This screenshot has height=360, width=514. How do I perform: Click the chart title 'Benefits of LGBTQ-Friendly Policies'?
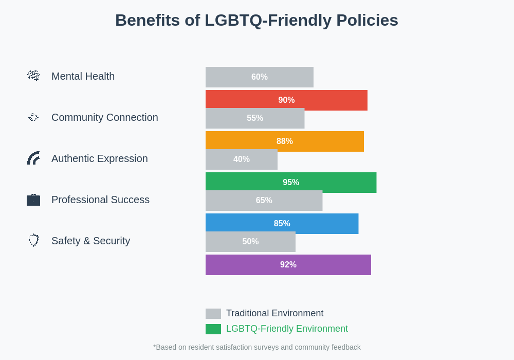point(256,21)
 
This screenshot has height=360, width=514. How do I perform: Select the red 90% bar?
point(286,100)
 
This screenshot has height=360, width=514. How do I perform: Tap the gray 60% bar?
point(259,77)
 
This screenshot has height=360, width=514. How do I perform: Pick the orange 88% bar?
point(284,141)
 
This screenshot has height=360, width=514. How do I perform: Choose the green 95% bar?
point(291,182)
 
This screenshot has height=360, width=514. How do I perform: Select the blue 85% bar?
point(282,223)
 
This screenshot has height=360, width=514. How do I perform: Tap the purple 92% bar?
point(288,265)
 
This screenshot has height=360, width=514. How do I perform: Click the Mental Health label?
point(83,76)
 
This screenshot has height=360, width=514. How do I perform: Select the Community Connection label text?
point(104,117)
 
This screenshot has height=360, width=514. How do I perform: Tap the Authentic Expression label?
point(99,158)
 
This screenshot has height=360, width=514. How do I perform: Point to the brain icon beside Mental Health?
point(33,76)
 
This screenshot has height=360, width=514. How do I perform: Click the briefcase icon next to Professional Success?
point(33,200)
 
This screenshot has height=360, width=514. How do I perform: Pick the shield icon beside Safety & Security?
point(33,240)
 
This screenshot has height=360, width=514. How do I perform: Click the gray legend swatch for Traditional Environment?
point(213,314)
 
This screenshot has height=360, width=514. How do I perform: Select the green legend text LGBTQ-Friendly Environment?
point(287,329)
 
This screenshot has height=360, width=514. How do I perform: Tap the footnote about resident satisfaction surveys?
point(256,347)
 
